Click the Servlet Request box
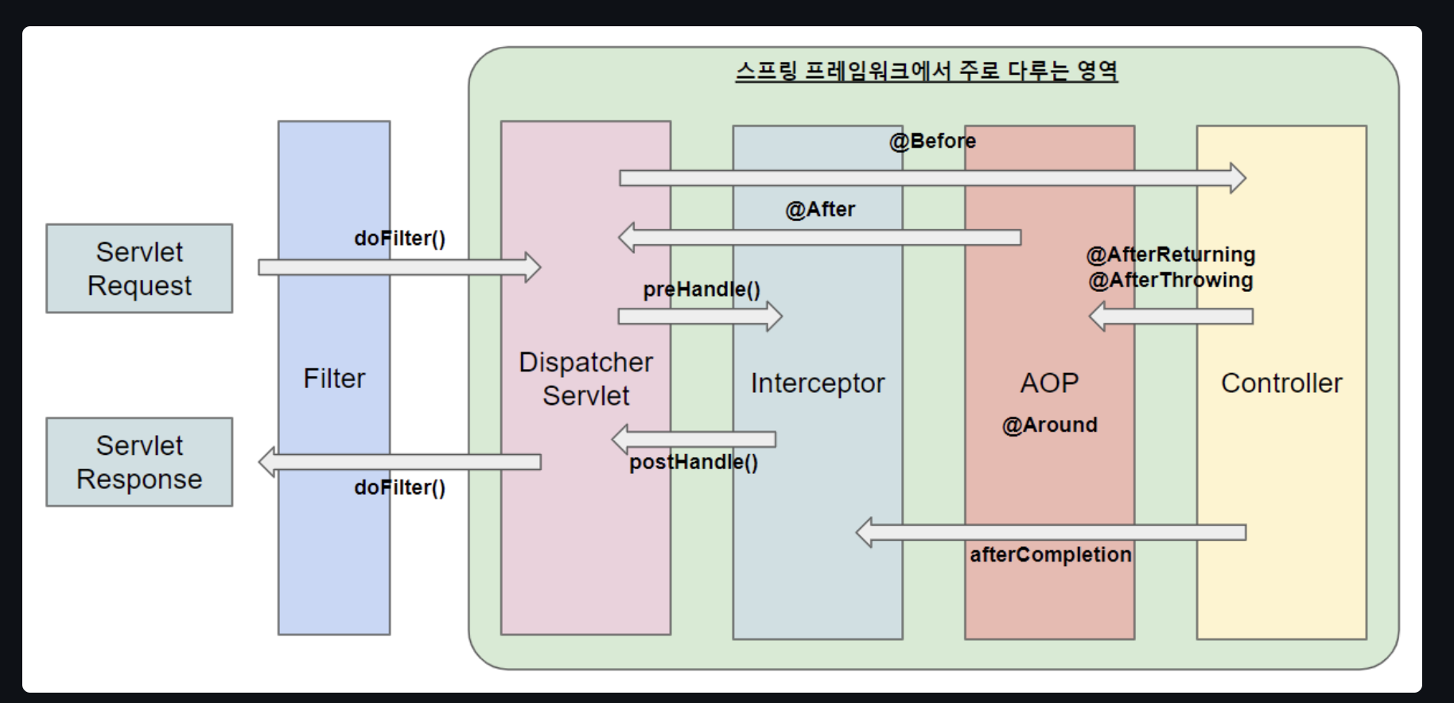tap(139, 269)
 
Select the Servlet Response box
tap(139, 462)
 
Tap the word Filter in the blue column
tap(334, 379)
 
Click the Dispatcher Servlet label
tap(586, 379)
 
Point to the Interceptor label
tap(817, 383)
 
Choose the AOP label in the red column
tap(1049, 383)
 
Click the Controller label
tap(1281, 383)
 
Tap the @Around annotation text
tap(1049, 425)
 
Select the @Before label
tap(932, 141)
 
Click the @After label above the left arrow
tap(820, 209)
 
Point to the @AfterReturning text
tap(1170, 254)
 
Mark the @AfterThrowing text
tap(1170, 280)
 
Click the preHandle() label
tap(702, 289)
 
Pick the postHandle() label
tap(694, 462)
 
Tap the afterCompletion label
tap(1050, 554)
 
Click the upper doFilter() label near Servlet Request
tap(399, 238)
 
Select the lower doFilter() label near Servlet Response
tap(399, 487)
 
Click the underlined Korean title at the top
tap(926, 71)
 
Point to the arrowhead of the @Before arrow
tap(1238, 178)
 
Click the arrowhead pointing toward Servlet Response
tap(268, 462)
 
